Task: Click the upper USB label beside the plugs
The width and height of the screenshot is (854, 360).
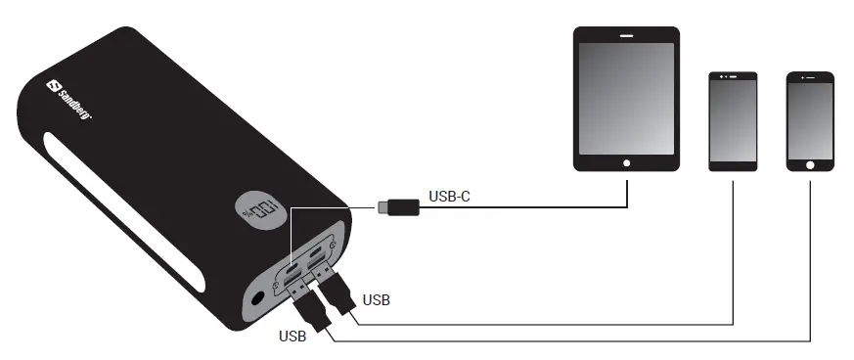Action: coord(377,299)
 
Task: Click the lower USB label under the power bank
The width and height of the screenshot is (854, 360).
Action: coord(293,337)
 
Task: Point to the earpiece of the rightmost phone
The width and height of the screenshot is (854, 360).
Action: coord(811,78)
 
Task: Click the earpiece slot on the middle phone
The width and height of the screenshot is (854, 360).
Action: coord(733,77)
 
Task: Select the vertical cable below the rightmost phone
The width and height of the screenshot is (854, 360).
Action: coord(811,254)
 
